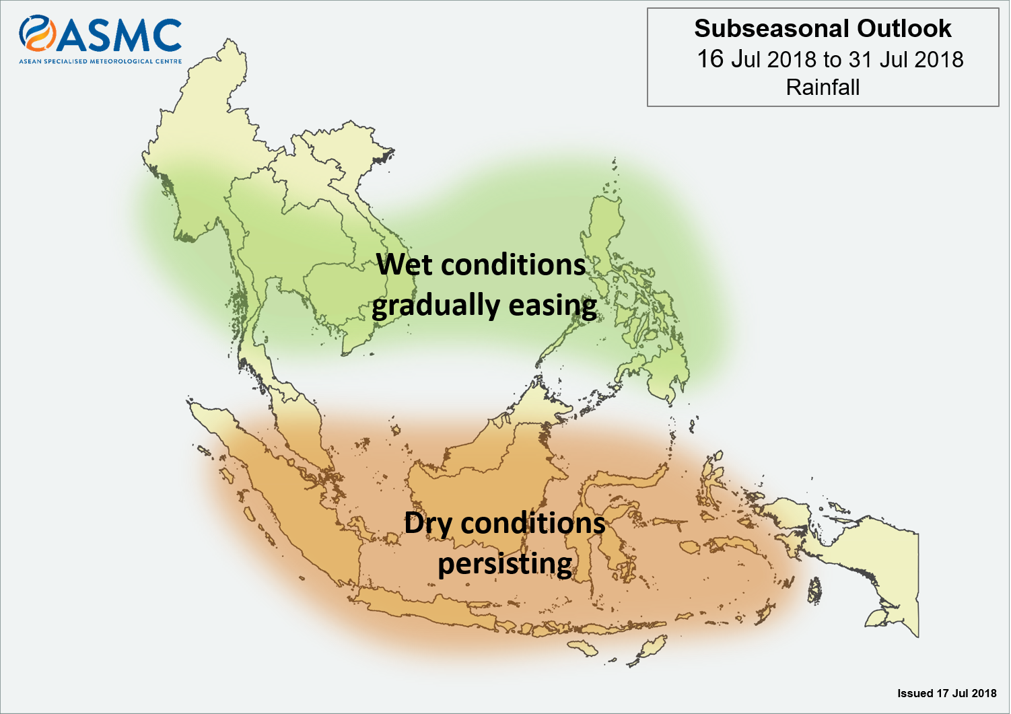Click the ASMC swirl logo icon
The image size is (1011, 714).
[x=37, y=33]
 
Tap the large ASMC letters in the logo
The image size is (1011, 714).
[x=119, y=36]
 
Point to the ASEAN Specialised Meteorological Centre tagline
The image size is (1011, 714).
[x=100, y=61]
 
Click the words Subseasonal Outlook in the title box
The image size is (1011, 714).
[x=823, y=29]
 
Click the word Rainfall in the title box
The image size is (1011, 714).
[x=823, y=87]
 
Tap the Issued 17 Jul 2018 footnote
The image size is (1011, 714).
[x=946, y=693]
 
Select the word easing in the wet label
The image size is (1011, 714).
[x=553, y=307]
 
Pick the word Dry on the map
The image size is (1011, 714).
[x=428, y=524]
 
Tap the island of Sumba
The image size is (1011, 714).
[x=583, y=647]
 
